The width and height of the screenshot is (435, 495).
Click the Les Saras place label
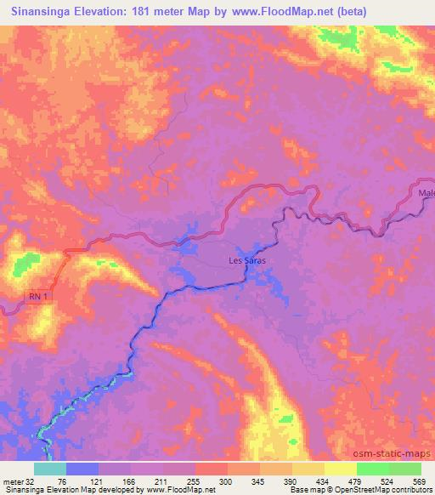(x=245, y=261)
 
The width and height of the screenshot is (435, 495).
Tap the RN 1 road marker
(x=37, y=297)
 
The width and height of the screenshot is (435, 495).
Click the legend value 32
(x=32, y=481)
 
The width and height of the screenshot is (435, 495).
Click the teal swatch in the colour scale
(x=50, y=469)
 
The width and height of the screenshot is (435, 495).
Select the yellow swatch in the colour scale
(x=339, y=469)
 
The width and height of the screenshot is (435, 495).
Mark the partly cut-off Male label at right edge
(x=426, y=193)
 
